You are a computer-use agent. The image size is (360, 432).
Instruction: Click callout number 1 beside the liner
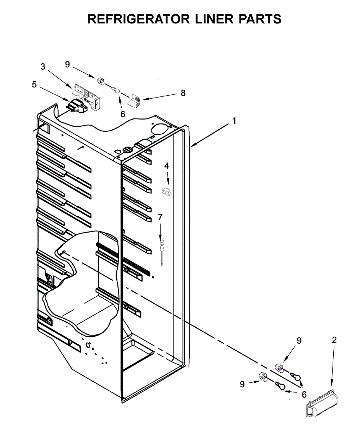pyautogui.click(x=234, y=121)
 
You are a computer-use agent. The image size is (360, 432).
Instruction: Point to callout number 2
pyautogui.click(x=334, y=340)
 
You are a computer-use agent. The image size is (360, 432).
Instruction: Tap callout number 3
pyautogui.click(x=43, y=67)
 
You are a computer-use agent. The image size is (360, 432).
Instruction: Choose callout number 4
pyautogui.click(x=166, y=166)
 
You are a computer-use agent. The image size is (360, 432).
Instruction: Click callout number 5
pyautogui.click(x=34, y=85)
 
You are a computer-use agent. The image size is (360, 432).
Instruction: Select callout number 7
pyautogui.click(x=160, y=217)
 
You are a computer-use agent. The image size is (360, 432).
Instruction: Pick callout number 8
pyautogui.click(x=183, y=93)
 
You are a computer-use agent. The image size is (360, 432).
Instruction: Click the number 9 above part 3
pyautogui.click(x=67, y=64)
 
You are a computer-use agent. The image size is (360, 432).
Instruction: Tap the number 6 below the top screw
pyautogui.click(x=123, y=114)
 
